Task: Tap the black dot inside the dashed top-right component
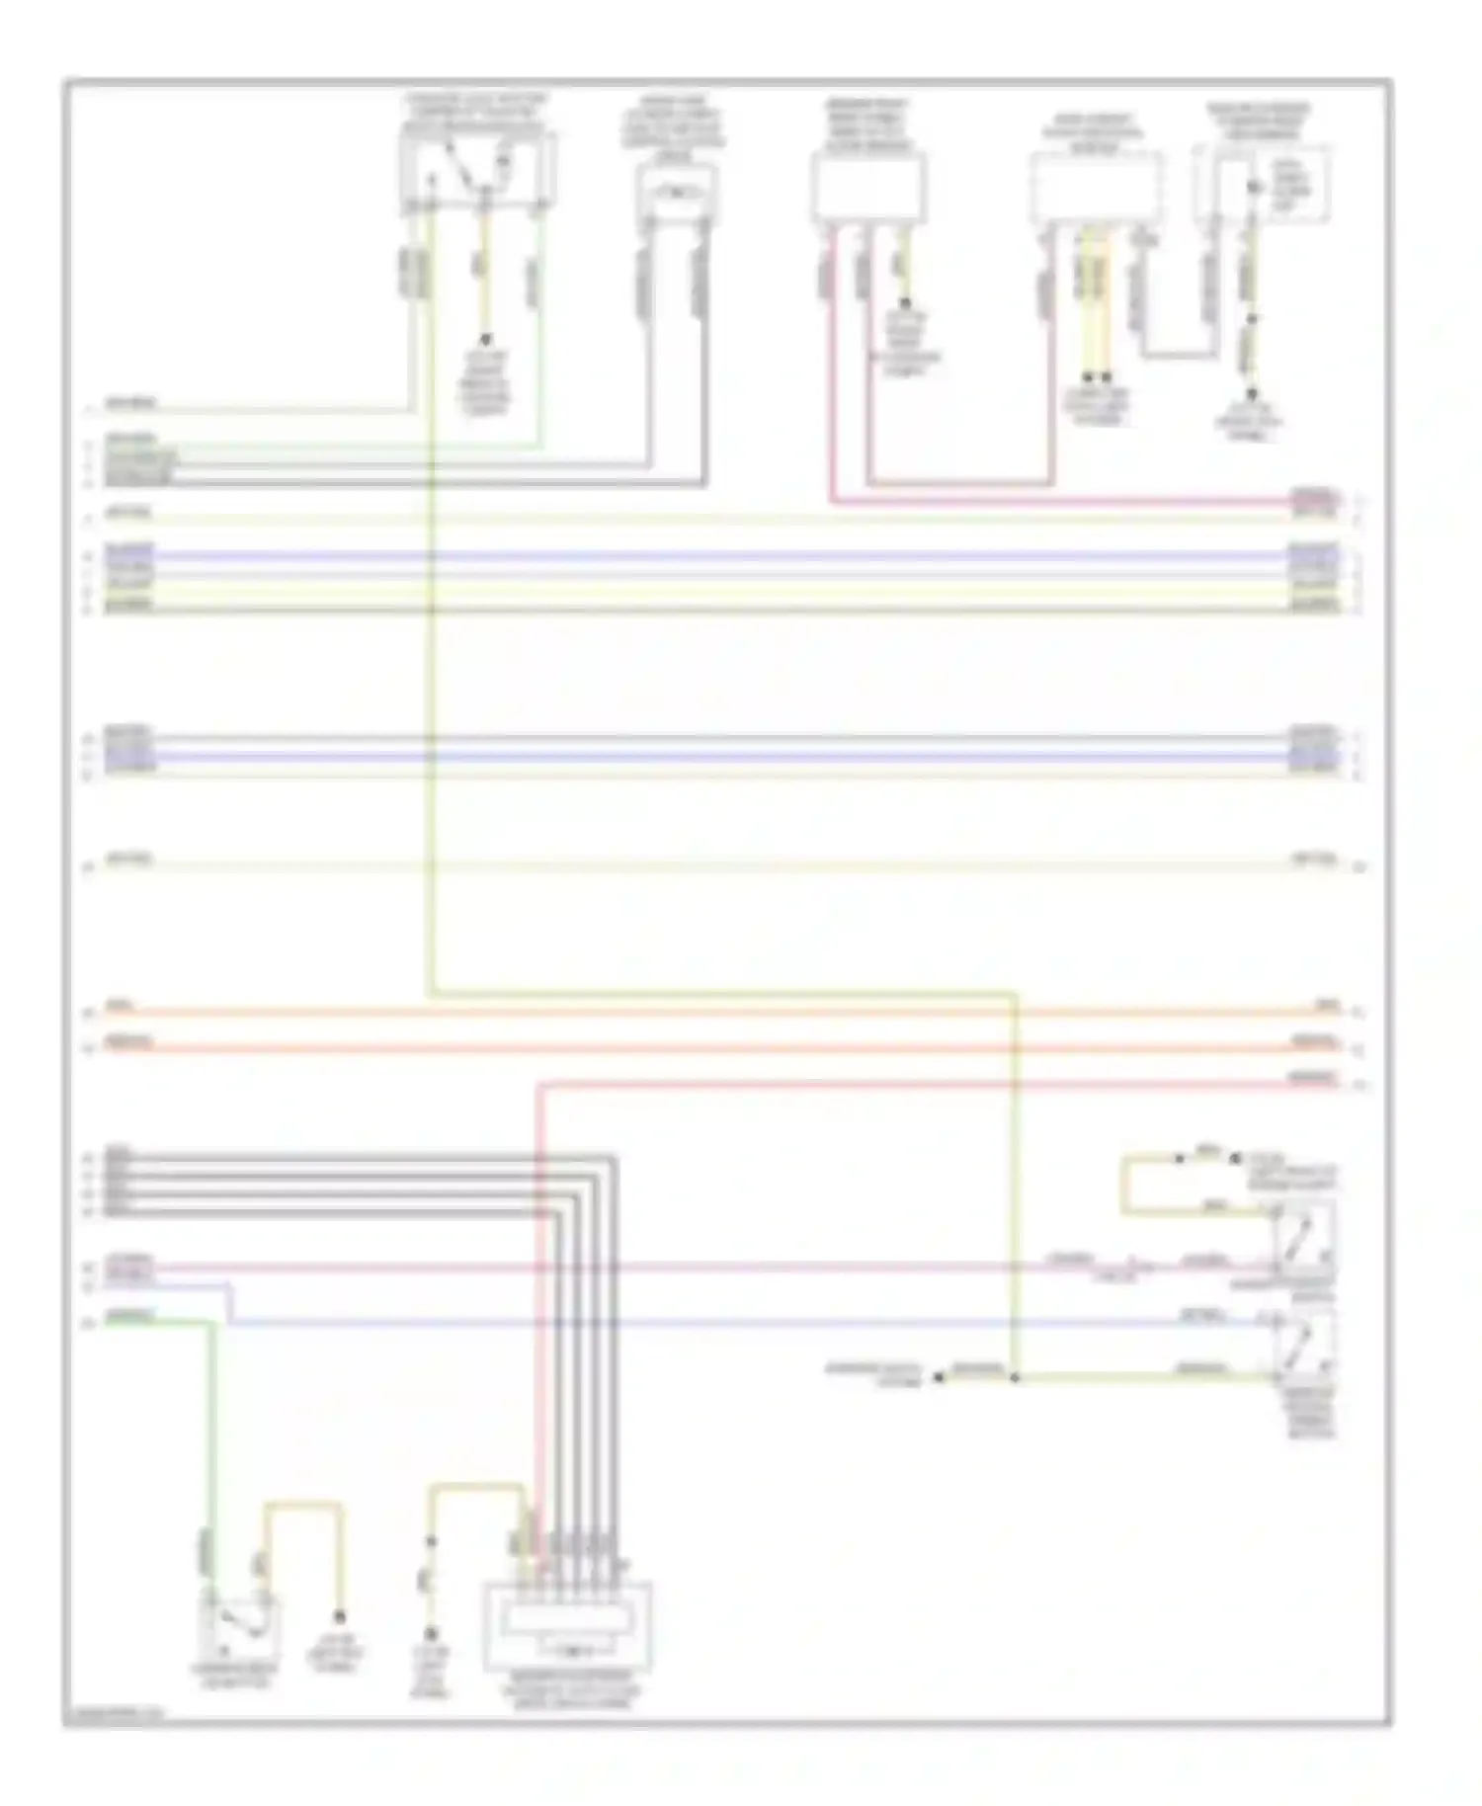click(1254, 187)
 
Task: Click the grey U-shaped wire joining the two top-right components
click(1178, 354)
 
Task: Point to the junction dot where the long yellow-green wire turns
click(1015, 1377)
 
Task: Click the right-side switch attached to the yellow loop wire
click(1303, 1237)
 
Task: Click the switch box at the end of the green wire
click(238, 1628)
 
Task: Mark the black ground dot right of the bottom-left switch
click(339, 1617)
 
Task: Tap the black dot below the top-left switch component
click(485, 339)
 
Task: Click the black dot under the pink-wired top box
click(904, 304)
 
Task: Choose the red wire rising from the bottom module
click(540, 1284)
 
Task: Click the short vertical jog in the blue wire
click(229, 1303)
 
